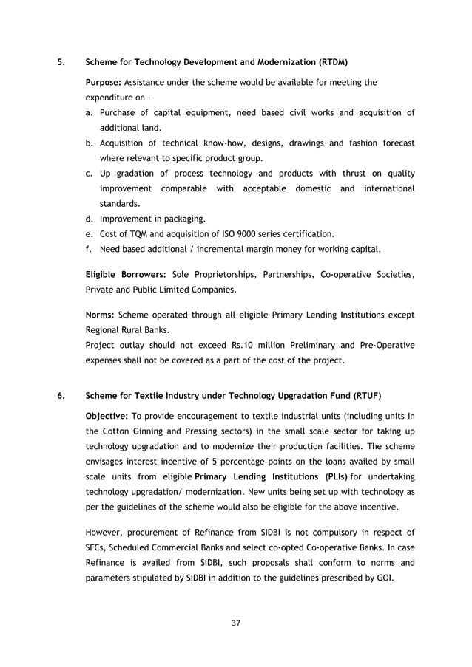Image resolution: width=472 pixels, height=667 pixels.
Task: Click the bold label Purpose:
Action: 104,82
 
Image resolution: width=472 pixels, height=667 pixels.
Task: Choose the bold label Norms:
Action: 101,315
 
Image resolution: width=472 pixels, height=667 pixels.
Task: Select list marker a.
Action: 90,113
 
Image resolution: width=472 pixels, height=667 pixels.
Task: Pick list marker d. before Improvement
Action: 90,219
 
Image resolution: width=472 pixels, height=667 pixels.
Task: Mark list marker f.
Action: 89,249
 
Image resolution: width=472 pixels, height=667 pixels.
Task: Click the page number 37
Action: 236,623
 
